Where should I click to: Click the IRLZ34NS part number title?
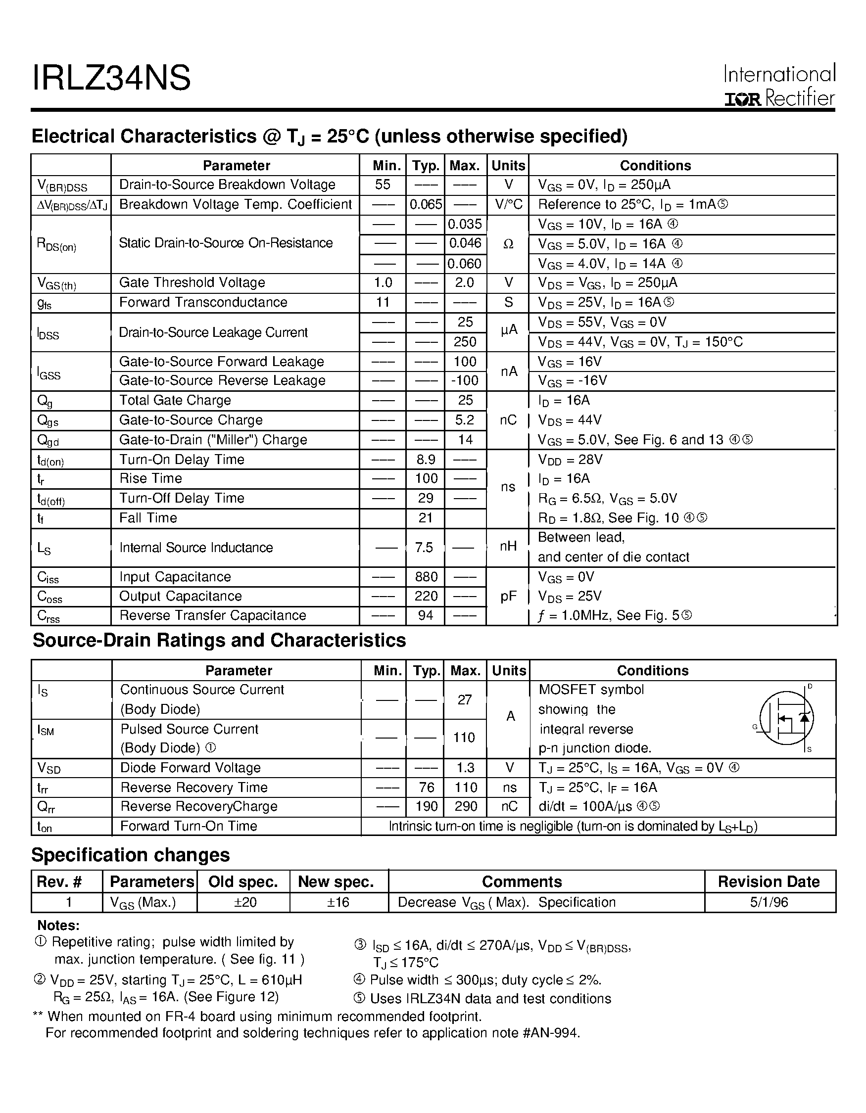(111, 79)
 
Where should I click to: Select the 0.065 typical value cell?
(426, 204)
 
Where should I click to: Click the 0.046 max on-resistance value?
(465, 243)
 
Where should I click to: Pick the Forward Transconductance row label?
(203, 302)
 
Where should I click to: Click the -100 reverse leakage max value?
(465, 381)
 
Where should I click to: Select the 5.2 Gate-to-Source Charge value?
(465, 420)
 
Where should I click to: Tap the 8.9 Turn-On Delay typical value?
(426, 460)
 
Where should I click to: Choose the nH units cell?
(508, 547)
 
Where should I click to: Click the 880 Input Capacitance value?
(426, 577)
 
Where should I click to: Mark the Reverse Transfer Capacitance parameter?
(213, 616)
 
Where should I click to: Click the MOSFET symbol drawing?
(786, 719)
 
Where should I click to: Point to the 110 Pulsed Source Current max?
(464, 738)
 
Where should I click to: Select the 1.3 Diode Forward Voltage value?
(465, 768)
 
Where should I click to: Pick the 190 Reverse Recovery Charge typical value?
(426, 806)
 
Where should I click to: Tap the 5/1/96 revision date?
(769, 903)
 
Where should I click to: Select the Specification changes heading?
(131, 855)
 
